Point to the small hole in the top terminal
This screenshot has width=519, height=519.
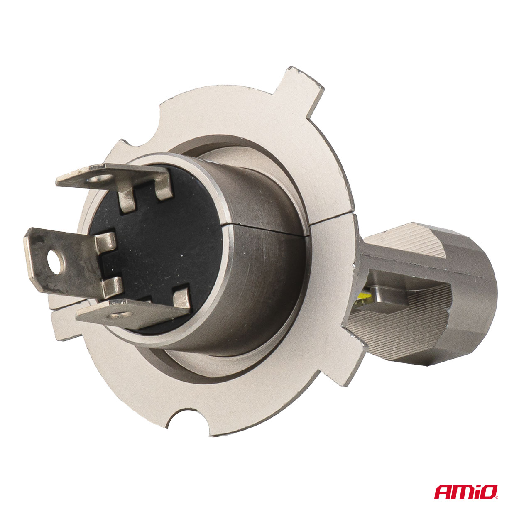tap(101, 178)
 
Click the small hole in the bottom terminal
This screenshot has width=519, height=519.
tap(120, 314)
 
